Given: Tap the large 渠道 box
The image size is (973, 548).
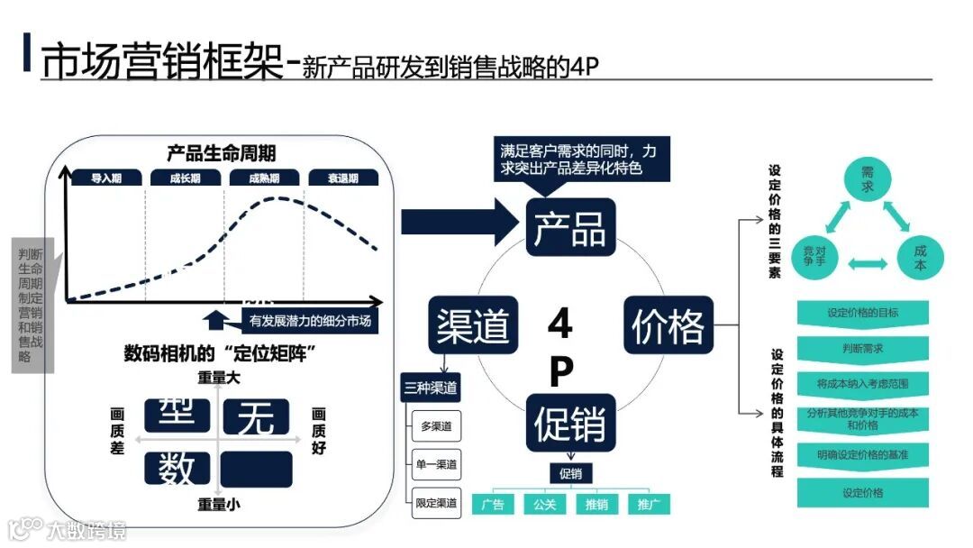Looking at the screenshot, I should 472,325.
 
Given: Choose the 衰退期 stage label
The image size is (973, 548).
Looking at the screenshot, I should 343,178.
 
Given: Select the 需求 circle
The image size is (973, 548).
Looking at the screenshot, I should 868,178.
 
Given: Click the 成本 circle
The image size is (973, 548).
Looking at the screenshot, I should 919,258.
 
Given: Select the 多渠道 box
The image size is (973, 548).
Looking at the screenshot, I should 436,425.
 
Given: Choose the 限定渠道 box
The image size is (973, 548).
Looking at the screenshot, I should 436,502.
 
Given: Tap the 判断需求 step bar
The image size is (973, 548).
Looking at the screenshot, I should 862,347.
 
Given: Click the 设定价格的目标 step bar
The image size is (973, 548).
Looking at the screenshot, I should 862,313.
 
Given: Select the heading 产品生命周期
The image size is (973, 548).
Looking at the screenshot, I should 221,152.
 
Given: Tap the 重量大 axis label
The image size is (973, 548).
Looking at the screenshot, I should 219,379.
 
